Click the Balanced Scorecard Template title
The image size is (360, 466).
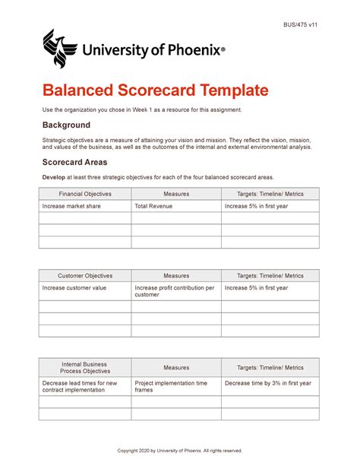click(155, 90)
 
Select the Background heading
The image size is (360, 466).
click(66, 125)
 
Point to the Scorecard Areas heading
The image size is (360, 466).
click(74, 162)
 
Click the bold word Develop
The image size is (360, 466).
click(55, 177)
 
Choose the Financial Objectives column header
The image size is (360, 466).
click(85, 194)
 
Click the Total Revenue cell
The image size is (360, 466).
click(153, 206)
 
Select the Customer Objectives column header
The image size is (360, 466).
click(85, 276)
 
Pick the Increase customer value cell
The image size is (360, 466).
click(74, 288)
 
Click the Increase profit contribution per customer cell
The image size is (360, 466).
click(175, 291)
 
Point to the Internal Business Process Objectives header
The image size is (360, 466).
click(85, 367)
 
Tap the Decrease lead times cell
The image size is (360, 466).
click(81, 387)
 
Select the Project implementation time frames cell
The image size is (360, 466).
click(171, 387)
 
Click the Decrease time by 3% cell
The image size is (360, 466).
click(268, 383)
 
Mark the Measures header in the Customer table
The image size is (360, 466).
click(176, 276)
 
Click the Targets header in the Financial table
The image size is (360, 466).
click(270, 194)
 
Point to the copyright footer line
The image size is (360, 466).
click(179, 451)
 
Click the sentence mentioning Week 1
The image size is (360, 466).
click(142, 110)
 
